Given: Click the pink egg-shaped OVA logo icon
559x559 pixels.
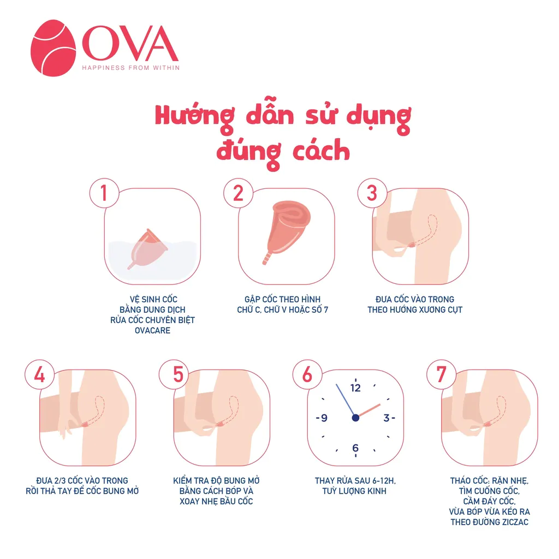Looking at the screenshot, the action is [53, 48].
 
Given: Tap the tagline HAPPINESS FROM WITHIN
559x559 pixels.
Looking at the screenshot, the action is [131, 68].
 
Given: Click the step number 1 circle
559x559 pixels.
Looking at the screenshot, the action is [104, 193].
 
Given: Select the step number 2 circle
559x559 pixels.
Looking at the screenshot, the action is [238, 193].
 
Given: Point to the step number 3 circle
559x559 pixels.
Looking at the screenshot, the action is [372, 193].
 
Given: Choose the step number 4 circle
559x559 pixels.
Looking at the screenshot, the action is [39, 374].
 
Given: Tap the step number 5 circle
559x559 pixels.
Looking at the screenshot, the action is [174, 374].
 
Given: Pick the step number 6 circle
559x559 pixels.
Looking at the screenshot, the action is [307, 374].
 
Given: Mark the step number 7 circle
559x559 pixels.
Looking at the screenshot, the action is [441, 374].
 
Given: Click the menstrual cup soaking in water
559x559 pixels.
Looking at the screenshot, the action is [147, 249].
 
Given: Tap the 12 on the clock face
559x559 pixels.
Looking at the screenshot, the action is [355, 388].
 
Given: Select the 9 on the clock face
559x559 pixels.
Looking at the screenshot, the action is [324, 418].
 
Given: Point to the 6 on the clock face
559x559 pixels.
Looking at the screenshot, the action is [355, 448].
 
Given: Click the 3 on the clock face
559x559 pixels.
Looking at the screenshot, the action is [386, 418].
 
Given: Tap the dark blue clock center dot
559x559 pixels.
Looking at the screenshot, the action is [355, 418].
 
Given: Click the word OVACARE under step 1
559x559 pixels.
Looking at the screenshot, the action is [153, 330].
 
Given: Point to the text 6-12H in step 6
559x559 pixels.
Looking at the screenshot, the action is [382, 481].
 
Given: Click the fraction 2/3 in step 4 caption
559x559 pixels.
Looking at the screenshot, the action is [58, 480].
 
